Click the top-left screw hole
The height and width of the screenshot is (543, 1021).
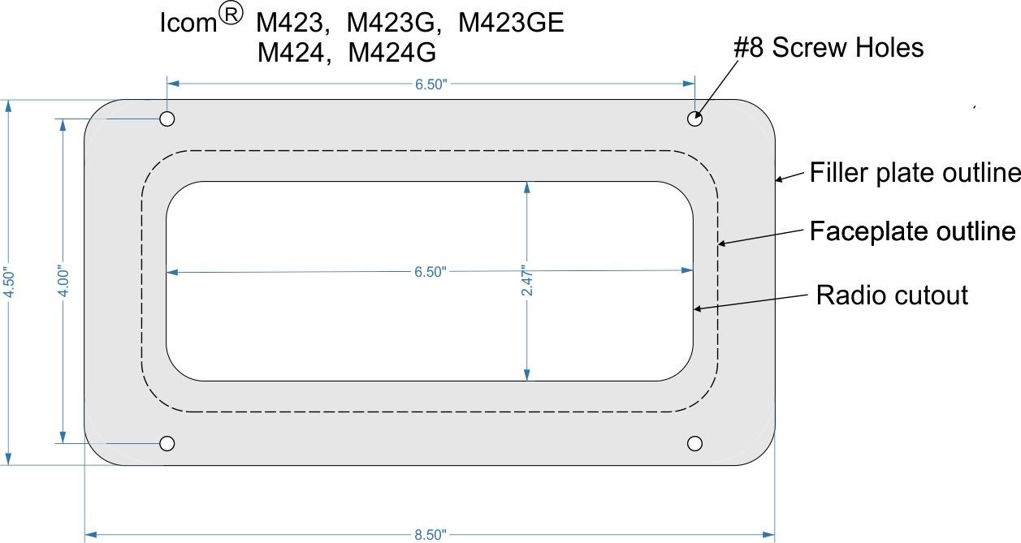click(167, 119)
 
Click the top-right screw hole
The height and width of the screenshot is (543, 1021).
click(695, 119)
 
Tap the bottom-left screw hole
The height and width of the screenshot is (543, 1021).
click(167, 443)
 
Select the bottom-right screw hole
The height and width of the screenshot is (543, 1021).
click(695, 443)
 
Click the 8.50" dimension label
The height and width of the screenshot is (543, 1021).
click(430, 535)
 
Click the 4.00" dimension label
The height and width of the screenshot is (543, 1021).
click(63, 282)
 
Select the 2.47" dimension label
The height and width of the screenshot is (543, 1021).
click(526, 281)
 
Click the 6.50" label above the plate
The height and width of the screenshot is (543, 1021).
click(430, 84)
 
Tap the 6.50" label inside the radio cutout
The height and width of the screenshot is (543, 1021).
click(430, 272)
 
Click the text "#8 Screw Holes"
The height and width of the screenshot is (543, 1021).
click(828, 47)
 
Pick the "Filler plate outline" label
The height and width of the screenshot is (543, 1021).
click(915, 172)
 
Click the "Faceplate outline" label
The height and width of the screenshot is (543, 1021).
click(912, 231)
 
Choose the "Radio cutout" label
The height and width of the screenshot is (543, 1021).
click(892, 295)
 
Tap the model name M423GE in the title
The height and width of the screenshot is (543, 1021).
click(511, 23)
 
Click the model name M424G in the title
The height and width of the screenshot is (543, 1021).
click(392, 53)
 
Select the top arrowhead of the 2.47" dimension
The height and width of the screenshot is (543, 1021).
click(527, 187)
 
